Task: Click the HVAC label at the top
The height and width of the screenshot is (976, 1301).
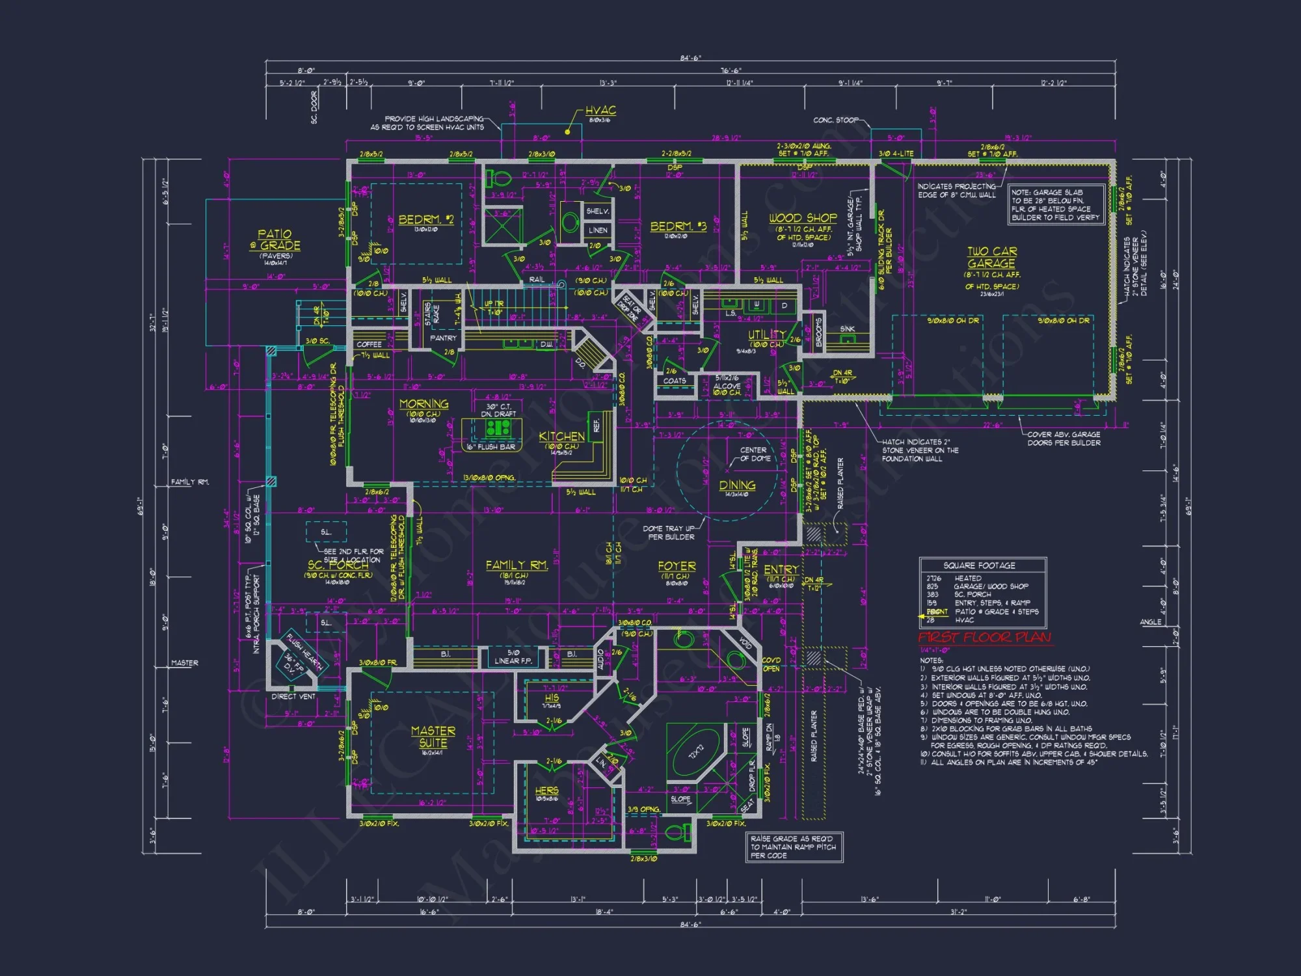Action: click(600, 111)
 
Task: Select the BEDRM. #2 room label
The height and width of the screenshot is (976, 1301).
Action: click(425, 219)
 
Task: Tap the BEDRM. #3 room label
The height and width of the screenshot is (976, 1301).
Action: click(678, 226)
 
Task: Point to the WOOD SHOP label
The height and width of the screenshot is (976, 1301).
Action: click(803, 218)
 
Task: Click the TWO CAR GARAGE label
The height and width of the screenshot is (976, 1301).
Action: click(991, 257)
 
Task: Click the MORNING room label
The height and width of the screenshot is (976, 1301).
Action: click(423, 403)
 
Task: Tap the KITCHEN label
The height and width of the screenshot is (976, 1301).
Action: click(561, 436)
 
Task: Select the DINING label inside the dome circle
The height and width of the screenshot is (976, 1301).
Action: click(737, 485)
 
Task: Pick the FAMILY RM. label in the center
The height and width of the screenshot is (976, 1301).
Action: click(516, 565)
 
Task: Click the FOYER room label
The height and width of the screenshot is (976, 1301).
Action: click(677, 566)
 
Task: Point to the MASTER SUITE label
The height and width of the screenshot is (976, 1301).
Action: click(433, 737)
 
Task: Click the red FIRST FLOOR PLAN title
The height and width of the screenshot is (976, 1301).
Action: click(984, 637)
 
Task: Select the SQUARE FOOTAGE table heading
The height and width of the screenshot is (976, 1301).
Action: click(979, 565)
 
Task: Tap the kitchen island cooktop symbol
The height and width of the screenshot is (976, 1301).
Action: click(498, 427)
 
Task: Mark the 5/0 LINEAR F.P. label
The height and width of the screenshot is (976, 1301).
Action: click(513, 657)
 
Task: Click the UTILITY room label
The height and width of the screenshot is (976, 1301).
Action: click(766, 335)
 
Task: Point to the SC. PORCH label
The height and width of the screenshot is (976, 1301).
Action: click(338, 565)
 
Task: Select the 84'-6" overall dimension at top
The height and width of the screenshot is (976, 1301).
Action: click(690, 58)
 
